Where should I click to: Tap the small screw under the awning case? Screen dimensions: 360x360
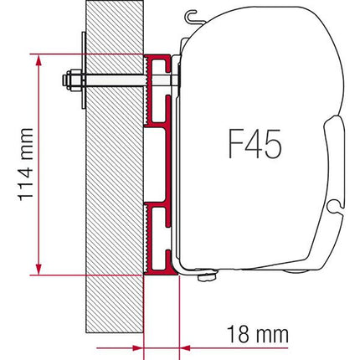pyautogui.click(x=201, y=282)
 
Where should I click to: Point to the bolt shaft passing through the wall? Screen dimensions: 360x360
pyautogui.click(x=117, y=82)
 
